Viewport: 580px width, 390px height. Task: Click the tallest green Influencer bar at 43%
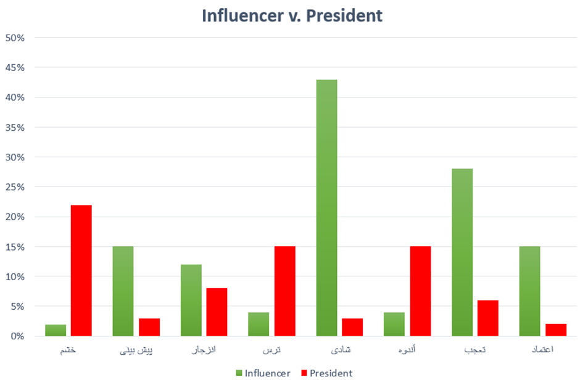point(326,207)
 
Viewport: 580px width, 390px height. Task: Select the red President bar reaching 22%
point(81,270)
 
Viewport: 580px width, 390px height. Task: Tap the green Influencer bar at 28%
point(462,252)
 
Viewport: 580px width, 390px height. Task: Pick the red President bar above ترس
point(284,291)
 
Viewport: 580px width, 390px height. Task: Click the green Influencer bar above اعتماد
point(529,291)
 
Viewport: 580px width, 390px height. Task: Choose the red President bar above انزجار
point(217,312)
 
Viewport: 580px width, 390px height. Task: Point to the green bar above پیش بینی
point(123,291)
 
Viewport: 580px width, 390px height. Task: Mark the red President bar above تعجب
point(487,318)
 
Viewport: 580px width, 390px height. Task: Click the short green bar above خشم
point(56,330)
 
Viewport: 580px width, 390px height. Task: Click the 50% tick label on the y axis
point(15,38)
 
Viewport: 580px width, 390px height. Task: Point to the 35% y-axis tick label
point(15,127)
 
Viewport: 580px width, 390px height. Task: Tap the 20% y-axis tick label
point(15,217)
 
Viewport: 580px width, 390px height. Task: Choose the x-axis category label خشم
point(68,350)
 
